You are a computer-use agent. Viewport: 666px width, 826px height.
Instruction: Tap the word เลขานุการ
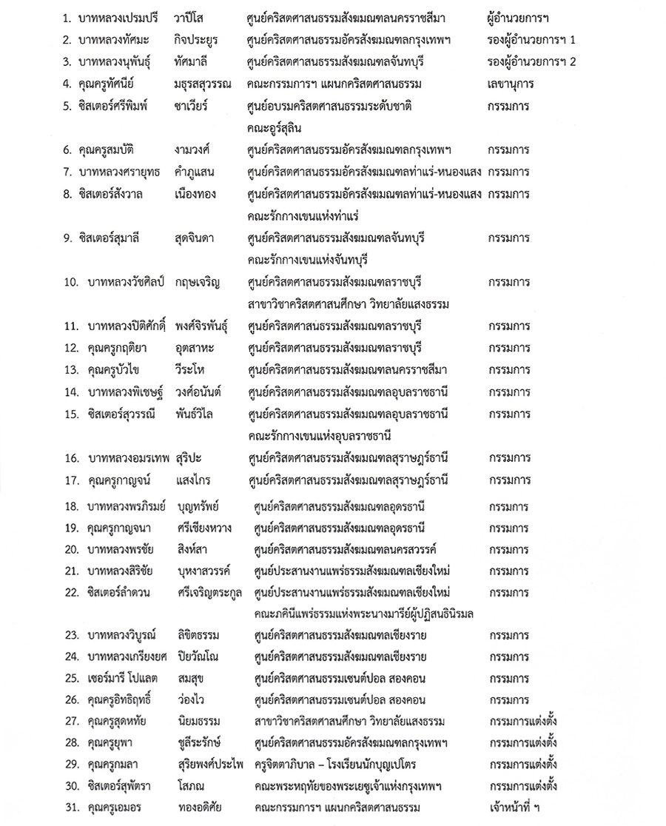click(x=511, y=84)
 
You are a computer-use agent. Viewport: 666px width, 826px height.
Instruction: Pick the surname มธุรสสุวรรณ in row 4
click(x=200, y=84)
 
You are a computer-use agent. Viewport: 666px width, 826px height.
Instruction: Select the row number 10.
click(x=72, y=282)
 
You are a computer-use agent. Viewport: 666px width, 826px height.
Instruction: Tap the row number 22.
click(x=72, y=593)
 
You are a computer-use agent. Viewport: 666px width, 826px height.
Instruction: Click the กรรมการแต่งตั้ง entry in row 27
click(x=523, y=722)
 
